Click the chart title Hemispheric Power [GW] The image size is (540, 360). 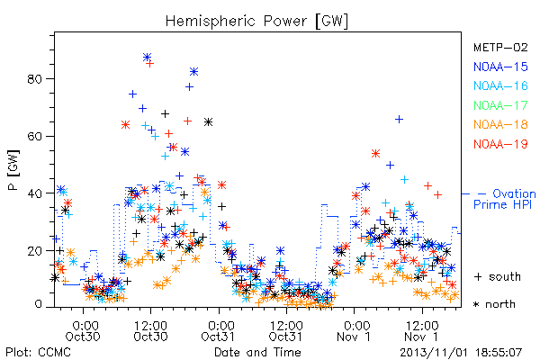point(256,22)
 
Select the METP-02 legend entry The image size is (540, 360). point(500,47)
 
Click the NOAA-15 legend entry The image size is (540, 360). point(500,67)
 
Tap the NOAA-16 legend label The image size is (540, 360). point(500,85)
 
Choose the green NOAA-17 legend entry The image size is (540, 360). point(500,105)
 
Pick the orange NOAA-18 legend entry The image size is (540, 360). point(500,124)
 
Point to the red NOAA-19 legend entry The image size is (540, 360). point(500,144)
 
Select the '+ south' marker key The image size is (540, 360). point(498,276)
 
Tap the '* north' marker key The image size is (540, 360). point(494,304)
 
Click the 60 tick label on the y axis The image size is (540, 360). point(34,136)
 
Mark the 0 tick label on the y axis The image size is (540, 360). point(38,304)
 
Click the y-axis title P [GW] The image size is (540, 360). point(13,169)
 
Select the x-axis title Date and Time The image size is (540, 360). point(257,352)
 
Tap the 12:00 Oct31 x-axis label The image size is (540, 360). point(286,330)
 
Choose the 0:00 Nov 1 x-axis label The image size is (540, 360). point(354,330)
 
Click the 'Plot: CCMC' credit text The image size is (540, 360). point(38,352)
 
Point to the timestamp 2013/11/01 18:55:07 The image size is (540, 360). point(461,353)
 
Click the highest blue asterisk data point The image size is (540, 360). point(147,58)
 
